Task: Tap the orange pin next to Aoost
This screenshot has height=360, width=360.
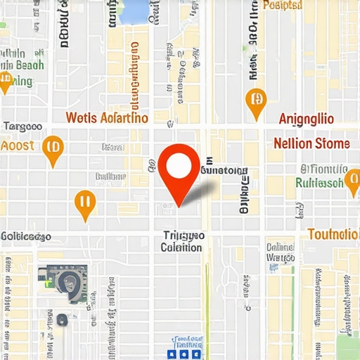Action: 52,148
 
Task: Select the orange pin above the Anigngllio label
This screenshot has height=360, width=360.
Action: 256,101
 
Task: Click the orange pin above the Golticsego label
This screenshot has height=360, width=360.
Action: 84,203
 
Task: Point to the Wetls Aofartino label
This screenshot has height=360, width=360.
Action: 107,117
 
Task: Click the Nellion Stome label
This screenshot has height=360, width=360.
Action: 311,143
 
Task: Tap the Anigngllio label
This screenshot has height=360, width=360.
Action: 307,118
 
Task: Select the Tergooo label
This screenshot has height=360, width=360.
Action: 22,127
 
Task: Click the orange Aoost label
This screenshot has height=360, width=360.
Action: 18,145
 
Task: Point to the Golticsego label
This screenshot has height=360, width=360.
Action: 32,236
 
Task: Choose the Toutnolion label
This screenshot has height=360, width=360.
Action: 333,233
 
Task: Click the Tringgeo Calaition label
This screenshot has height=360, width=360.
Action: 182,241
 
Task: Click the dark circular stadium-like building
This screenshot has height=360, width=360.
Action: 68,283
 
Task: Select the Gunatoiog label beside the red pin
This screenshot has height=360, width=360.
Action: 224,170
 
